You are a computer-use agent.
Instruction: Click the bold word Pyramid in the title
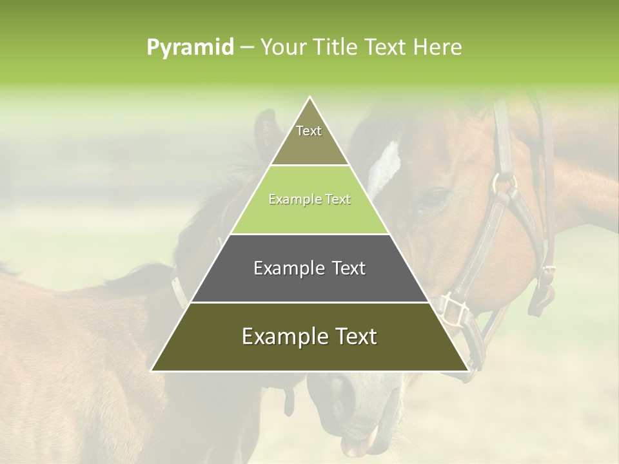(x=190, y=48)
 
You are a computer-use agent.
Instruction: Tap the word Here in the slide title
(x=438, y=48)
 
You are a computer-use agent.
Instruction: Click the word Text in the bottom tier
(x=355, y=336)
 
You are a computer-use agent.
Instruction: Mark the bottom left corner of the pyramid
(x=152, y=371)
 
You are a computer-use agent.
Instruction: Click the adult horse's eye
(x=433, y=197)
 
